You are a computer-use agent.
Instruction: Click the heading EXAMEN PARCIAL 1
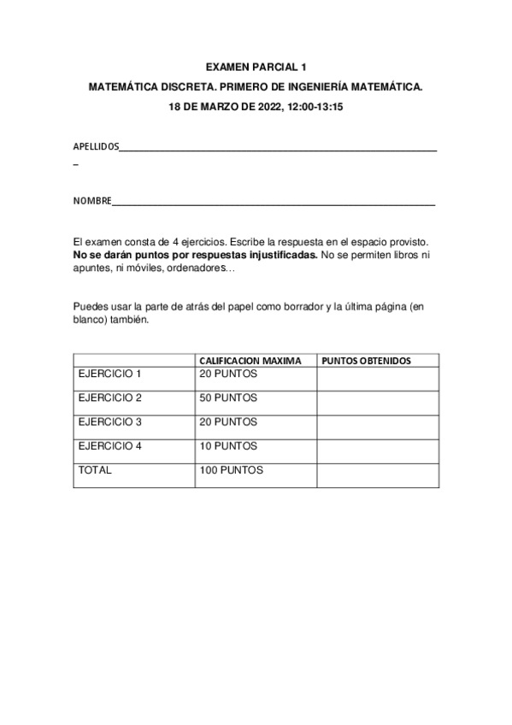click(x=256, y=66)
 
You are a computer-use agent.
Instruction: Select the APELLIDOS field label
click(x=96, y=147)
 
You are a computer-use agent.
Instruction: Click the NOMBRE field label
click(x=92, y=201)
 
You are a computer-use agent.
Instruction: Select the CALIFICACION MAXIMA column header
click(x=250, y=361)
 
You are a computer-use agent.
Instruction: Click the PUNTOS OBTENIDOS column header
click(x=366, y=361)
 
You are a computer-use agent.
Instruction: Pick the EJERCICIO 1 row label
click(x=109, y=374)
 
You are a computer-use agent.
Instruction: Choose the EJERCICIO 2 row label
click(x=109, y=398)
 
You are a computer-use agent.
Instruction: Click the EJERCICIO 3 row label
click(x=109, y=421)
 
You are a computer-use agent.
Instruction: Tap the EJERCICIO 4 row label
click(x=109, y=445)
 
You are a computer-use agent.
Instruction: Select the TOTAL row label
click(x=95, y=470)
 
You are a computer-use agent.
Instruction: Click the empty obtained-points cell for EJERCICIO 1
click(x=378, y=378)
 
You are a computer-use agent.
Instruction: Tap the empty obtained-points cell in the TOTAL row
click(x=378, y=475)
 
